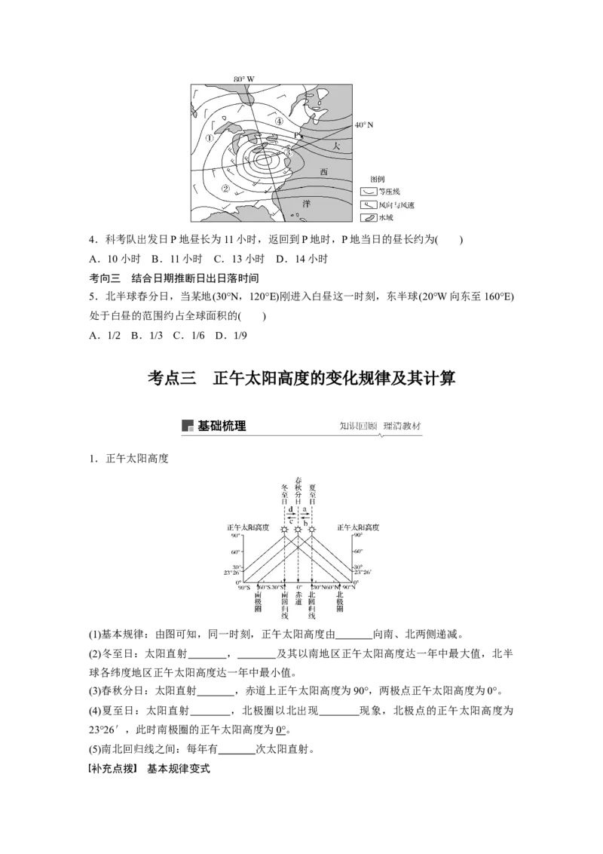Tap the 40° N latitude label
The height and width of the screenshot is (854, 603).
(x=365, y=124)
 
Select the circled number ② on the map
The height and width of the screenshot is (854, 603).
(x=224, y=188)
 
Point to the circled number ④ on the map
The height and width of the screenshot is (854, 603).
(x=279, y=121)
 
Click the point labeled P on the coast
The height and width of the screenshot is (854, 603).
(x=297, y=136)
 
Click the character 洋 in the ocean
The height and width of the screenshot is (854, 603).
(x=307, y=204)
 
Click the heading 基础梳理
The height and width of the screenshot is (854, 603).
(x=222, y=426)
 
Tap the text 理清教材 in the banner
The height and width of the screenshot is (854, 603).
(x=403, y=426)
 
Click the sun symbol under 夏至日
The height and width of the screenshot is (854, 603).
(x=312, y=530)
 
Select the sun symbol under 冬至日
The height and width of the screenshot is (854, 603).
(x=284, y=530)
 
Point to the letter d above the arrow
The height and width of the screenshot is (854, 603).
(x=291, y=509)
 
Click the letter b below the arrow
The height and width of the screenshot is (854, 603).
(x=305, y=523)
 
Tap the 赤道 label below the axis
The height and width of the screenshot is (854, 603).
(x=298, y=601)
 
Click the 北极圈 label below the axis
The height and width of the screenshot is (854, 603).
(x=339, y=602)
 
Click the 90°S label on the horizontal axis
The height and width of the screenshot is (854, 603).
(x=244, y=587)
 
